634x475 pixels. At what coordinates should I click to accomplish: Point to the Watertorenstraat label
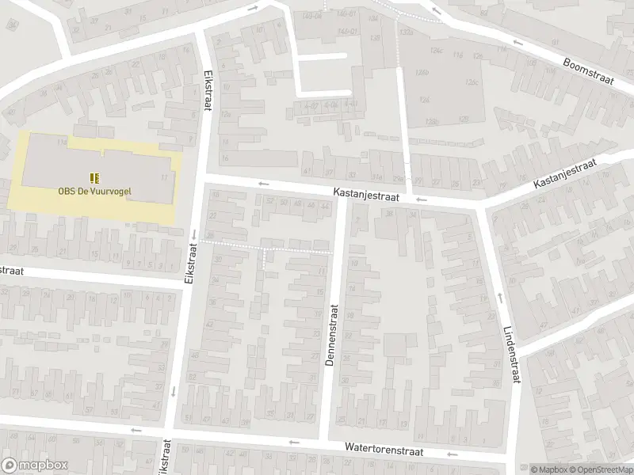[384, 449]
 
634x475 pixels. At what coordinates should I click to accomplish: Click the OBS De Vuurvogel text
[94, 190]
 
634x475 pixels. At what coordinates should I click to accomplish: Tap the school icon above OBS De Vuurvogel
[94, 177]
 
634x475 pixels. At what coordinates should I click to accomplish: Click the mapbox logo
[32, 465]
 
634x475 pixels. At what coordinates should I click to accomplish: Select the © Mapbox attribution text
[543, 469]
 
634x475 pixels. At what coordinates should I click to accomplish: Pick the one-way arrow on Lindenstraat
[499, 298]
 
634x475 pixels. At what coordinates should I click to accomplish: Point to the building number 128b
[431, 121]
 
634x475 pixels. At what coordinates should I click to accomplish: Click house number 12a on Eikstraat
[226, 114]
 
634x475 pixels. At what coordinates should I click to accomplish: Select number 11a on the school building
[165, 178]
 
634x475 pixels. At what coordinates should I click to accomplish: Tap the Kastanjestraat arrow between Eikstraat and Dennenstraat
[262, 184]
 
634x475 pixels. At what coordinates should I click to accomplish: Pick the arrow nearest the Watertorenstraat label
[453, 454]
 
